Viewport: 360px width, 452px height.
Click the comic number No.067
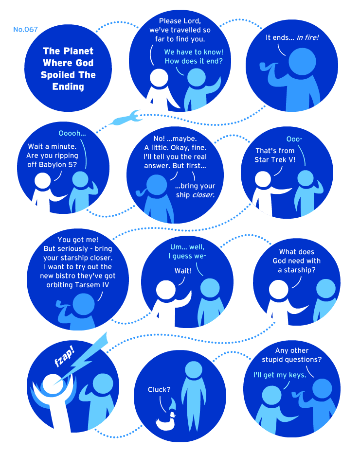pos(25,29)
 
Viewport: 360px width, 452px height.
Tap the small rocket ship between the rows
pos(125,118)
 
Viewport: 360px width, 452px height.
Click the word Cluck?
pos(159,390)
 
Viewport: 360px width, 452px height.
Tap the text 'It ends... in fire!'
pos(292,37)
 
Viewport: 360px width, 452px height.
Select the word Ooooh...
pos(72,133)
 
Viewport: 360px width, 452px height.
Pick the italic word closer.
pos(203,195)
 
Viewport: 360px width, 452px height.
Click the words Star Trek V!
pos(275,160)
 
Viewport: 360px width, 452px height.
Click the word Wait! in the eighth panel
pos(183,271)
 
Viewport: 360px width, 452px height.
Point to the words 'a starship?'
pos(297,270)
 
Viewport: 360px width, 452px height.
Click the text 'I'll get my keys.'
pos(280,375)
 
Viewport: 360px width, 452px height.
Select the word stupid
pos(273,360)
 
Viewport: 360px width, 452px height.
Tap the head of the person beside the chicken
pos(194,370)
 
